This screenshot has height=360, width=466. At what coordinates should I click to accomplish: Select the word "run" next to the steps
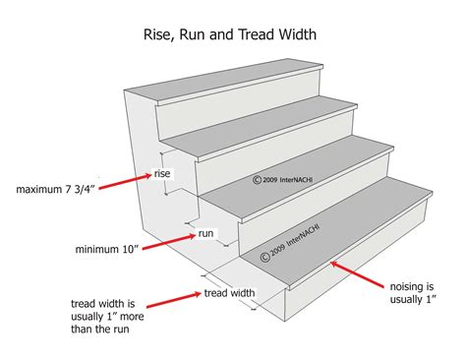[x=206, y=234]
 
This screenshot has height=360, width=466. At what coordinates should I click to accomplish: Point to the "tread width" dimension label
[x=229, y=293]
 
